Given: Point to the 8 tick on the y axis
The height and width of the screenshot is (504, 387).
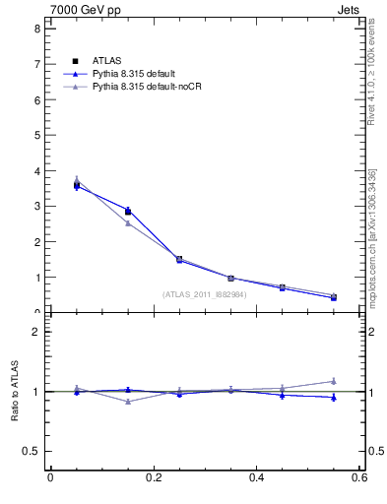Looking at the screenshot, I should (x=36, y=29).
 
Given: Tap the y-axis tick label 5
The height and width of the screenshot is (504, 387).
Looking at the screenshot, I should (x=36, y=136).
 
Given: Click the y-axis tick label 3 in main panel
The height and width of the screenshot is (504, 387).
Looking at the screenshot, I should (x=36, y=207).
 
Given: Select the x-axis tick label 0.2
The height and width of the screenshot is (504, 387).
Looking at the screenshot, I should (x=154, y=478).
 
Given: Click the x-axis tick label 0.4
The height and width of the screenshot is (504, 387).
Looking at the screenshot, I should (x=257, y=478).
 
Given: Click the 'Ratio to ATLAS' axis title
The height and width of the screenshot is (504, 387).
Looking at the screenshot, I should (x=15, y=392).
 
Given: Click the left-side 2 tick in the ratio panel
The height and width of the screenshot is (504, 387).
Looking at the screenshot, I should (x=36, y=332).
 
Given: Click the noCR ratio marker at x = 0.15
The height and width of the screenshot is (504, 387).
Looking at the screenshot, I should (x=128, y=402).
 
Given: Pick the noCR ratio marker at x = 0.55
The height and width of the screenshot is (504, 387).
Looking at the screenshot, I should (x=334, y=381).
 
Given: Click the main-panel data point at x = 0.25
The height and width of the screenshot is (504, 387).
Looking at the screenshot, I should (x=179, y=259).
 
